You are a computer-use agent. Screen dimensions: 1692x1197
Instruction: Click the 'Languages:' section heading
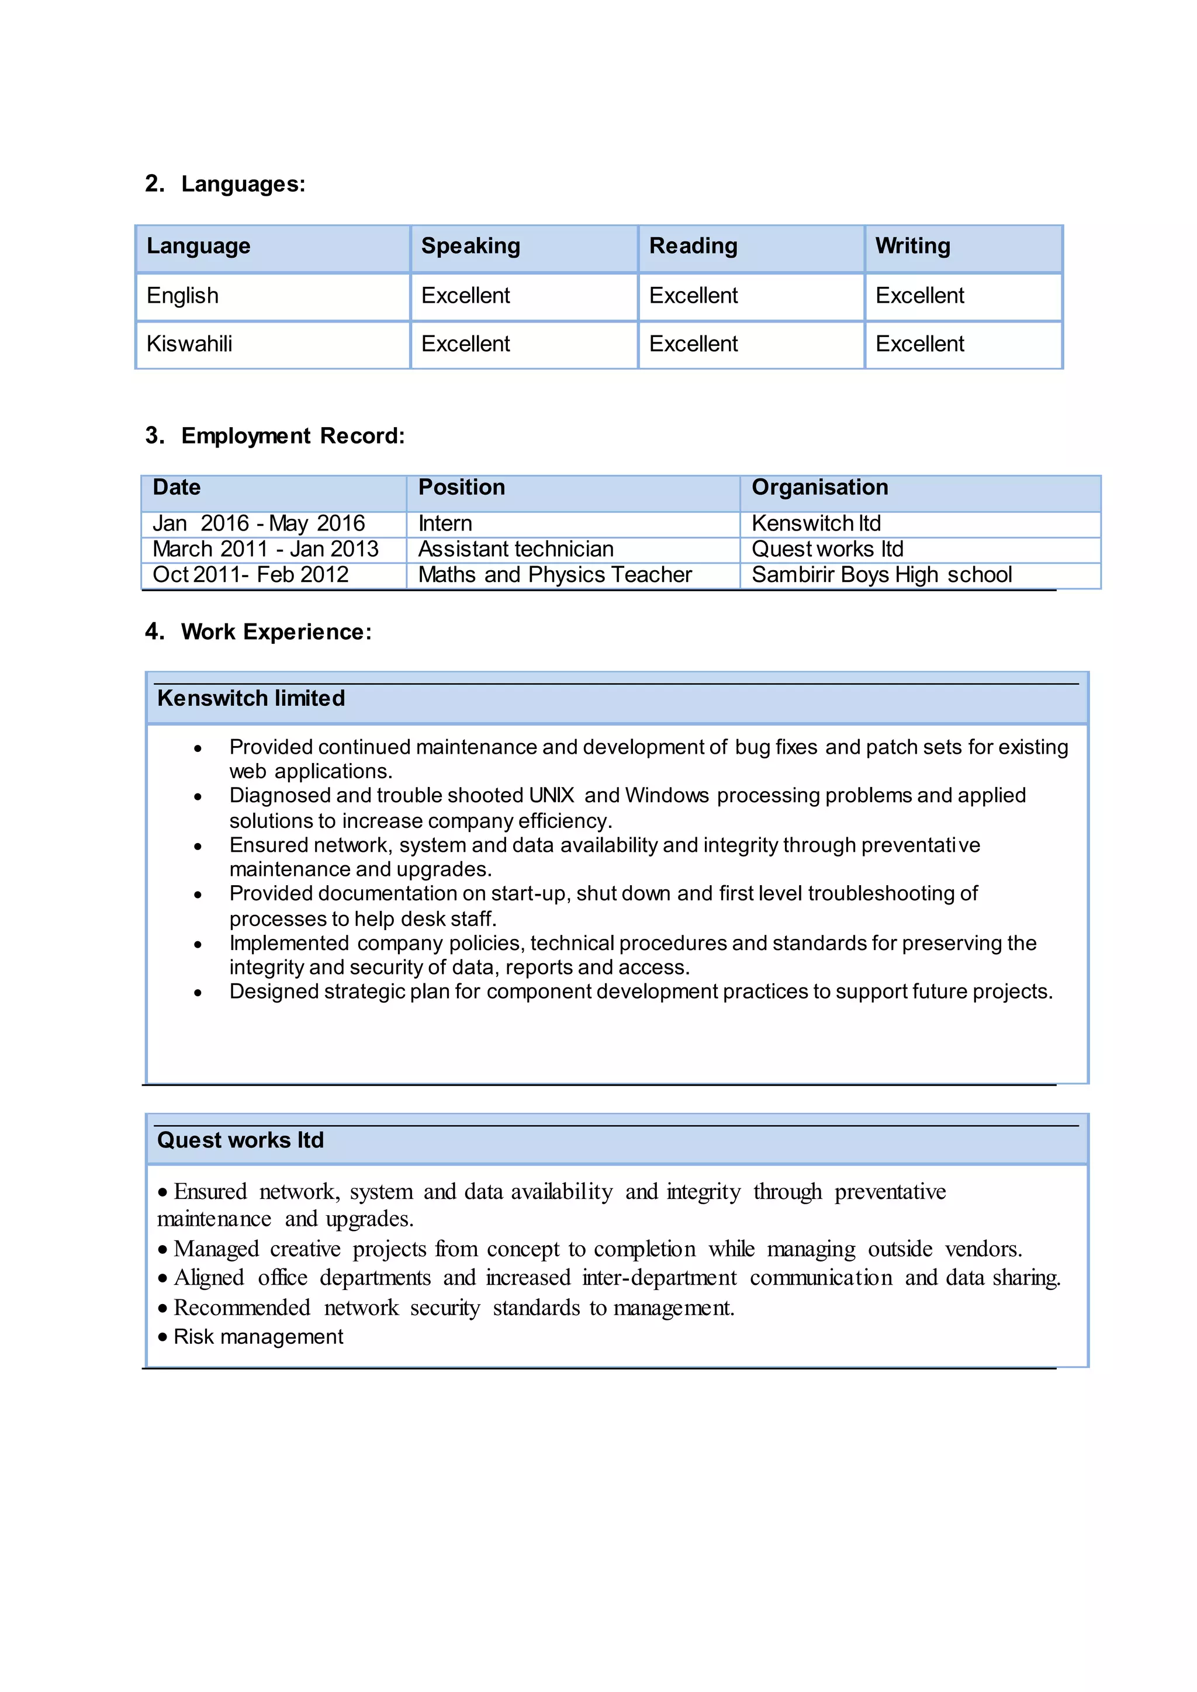(243, 183)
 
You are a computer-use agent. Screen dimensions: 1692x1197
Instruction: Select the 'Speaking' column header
(471, 246)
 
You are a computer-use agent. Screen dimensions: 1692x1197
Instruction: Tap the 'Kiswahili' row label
(189, 344)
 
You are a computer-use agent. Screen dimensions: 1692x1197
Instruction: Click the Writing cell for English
(919, 296)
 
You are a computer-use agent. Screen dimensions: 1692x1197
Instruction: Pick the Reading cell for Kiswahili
(693, 344)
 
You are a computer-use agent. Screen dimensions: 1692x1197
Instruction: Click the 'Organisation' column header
(819, 488)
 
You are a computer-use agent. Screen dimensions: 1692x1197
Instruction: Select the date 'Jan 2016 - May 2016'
(259, 523)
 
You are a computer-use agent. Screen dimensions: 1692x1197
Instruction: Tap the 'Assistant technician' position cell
(516, 549)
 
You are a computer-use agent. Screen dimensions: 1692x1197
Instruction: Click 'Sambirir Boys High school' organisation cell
(881, 575)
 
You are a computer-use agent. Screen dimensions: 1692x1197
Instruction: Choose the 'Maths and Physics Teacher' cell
(555, 575)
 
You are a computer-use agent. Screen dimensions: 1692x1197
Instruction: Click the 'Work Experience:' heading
(276, 632)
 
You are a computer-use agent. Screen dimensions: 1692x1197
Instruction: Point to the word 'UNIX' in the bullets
(551, 796)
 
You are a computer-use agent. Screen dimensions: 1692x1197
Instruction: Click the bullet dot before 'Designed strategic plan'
(198, 993)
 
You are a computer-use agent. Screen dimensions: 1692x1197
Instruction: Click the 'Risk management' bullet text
(258, 1337)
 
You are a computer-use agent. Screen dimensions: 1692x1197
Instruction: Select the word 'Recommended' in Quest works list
(242, 1308)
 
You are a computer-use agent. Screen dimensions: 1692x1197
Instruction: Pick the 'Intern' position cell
(445, 523)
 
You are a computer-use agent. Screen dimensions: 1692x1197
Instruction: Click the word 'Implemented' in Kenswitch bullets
(289, 943)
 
